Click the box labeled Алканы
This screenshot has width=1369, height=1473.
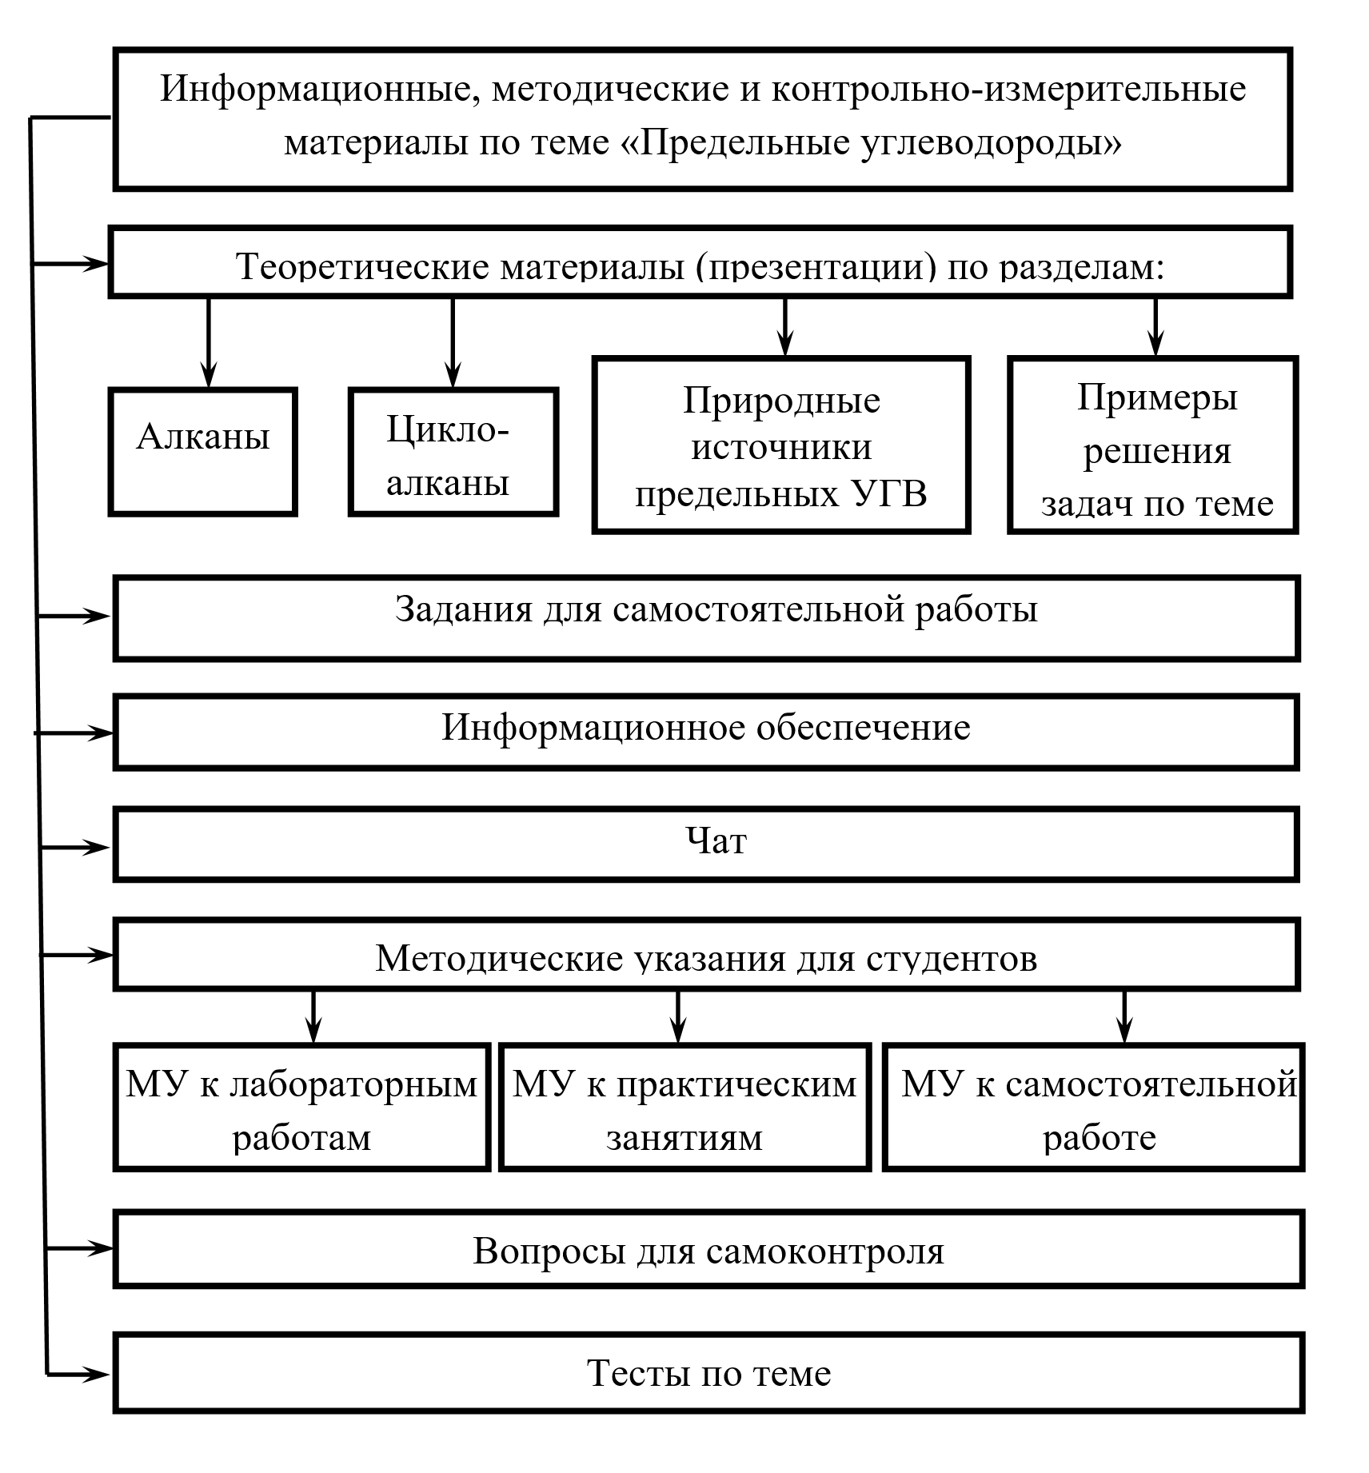202,452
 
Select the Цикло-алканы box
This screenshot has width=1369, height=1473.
453,453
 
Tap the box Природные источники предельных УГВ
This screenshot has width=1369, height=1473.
780,445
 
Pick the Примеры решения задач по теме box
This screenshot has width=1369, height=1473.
1152,445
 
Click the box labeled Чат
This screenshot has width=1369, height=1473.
706,844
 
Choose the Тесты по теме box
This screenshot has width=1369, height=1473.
708,1373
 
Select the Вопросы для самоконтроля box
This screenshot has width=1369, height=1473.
708,1250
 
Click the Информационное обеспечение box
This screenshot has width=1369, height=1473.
706,732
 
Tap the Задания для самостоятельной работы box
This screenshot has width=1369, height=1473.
706,618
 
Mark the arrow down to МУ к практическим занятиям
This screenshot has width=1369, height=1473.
678,1017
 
